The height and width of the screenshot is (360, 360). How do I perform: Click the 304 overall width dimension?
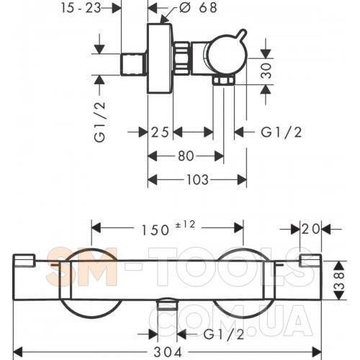pos(168,352)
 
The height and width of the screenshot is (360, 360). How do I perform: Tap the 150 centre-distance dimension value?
pos(156,230)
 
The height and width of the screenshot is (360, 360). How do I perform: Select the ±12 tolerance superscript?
pos(186,225)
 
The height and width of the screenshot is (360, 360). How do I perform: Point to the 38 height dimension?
pos(339,280)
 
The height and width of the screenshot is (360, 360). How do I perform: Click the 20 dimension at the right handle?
pos(311,229)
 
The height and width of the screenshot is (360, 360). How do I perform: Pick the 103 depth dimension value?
pos(197,179)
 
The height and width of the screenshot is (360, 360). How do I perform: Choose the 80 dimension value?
pos(186,156)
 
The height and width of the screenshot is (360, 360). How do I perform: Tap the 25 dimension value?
pos(160,132)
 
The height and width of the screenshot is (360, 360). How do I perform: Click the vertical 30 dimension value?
pos(266,71)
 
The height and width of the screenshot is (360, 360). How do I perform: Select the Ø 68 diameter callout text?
pos(199,8)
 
